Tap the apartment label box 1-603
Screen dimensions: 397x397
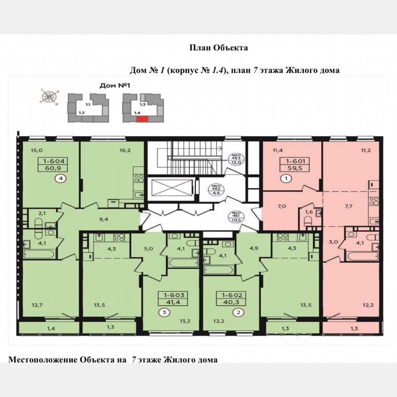[171, 299]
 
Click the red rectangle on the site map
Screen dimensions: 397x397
[142, 119]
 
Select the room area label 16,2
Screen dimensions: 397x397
[113, 150]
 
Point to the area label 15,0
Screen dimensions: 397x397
[36, 150]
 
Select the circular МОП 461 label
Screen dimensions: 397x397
[237, 216]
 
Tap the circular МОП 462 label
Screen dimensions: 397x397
[215, 189]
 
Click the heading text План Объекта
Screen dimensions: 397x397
[218, 48]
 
